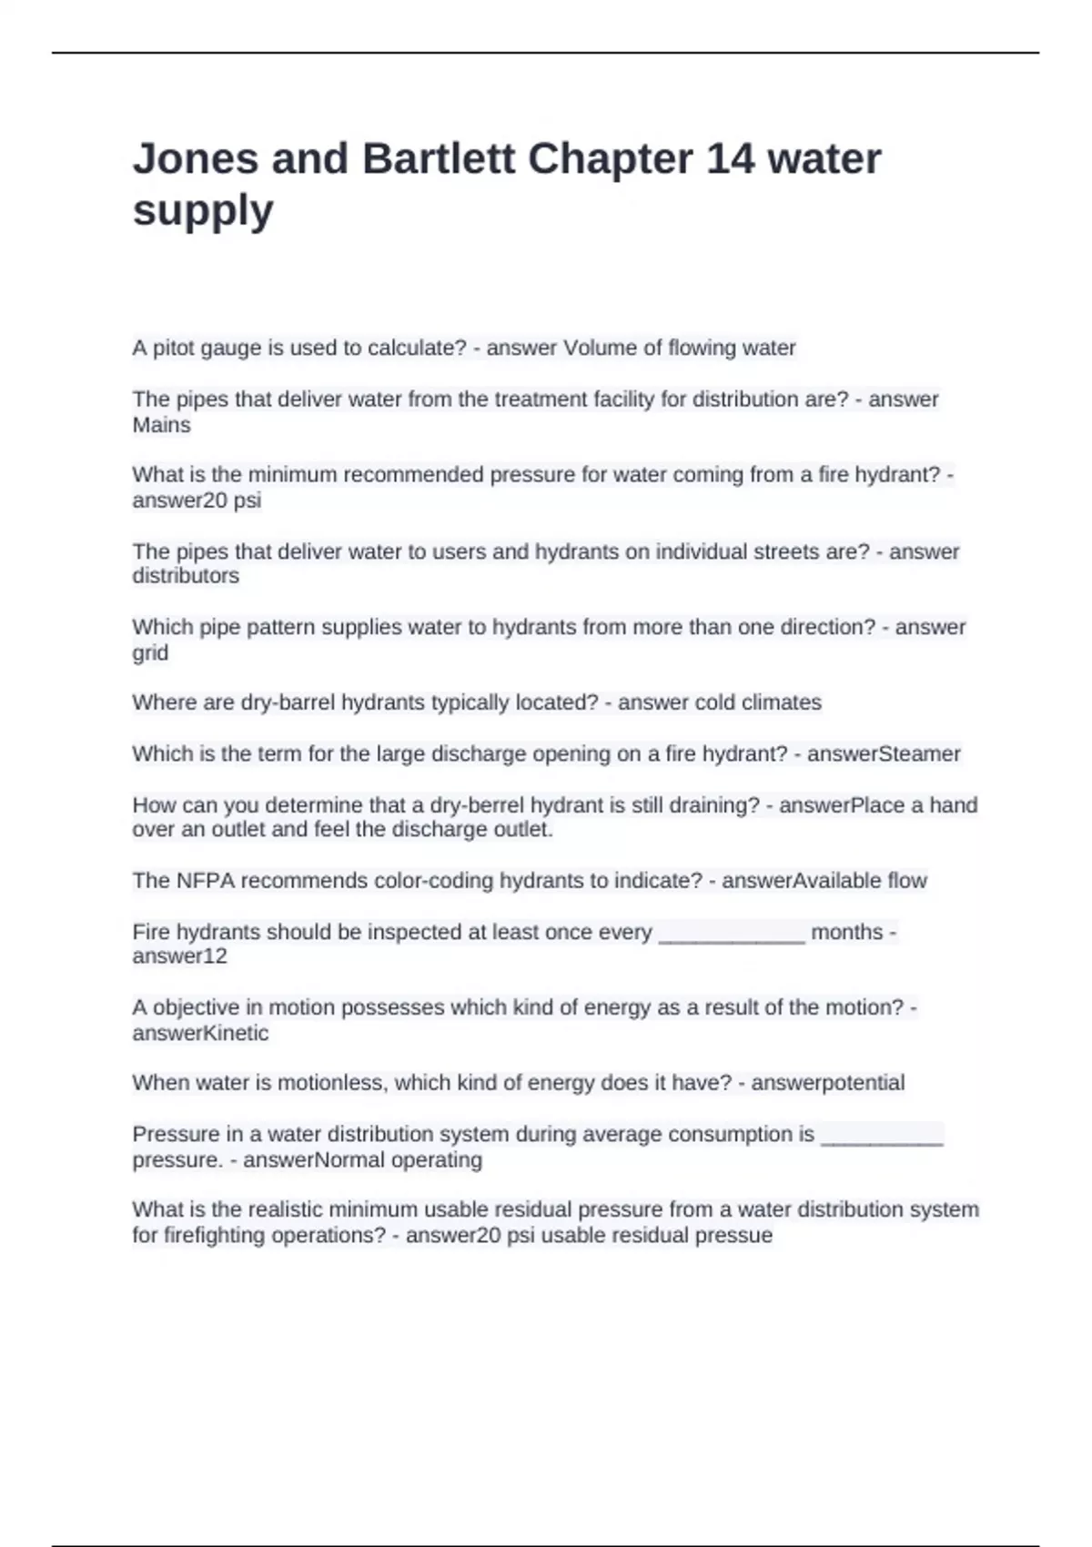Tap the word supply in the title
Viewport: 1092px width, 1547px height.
click(203, 211)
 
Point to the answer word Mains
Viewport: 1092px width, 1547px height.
click(161, 425)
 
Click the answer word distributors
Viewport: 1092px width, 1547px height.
click(186, 576)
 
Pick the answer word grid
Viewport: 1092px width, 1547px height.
click(150, 653)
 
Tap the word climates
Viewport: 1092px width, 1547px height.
click(781, 703)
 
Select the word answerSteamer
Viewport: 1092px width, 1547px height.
click(884, 753)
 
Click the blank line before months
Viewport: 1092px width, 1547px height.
click(731, 934)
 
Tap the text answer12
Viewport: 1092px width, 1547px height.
click(179, 956)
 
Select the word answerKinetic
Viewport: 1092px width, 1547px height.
click(200, 1034)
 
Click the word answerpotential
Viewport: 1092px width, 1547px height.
click(827, 1083)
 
